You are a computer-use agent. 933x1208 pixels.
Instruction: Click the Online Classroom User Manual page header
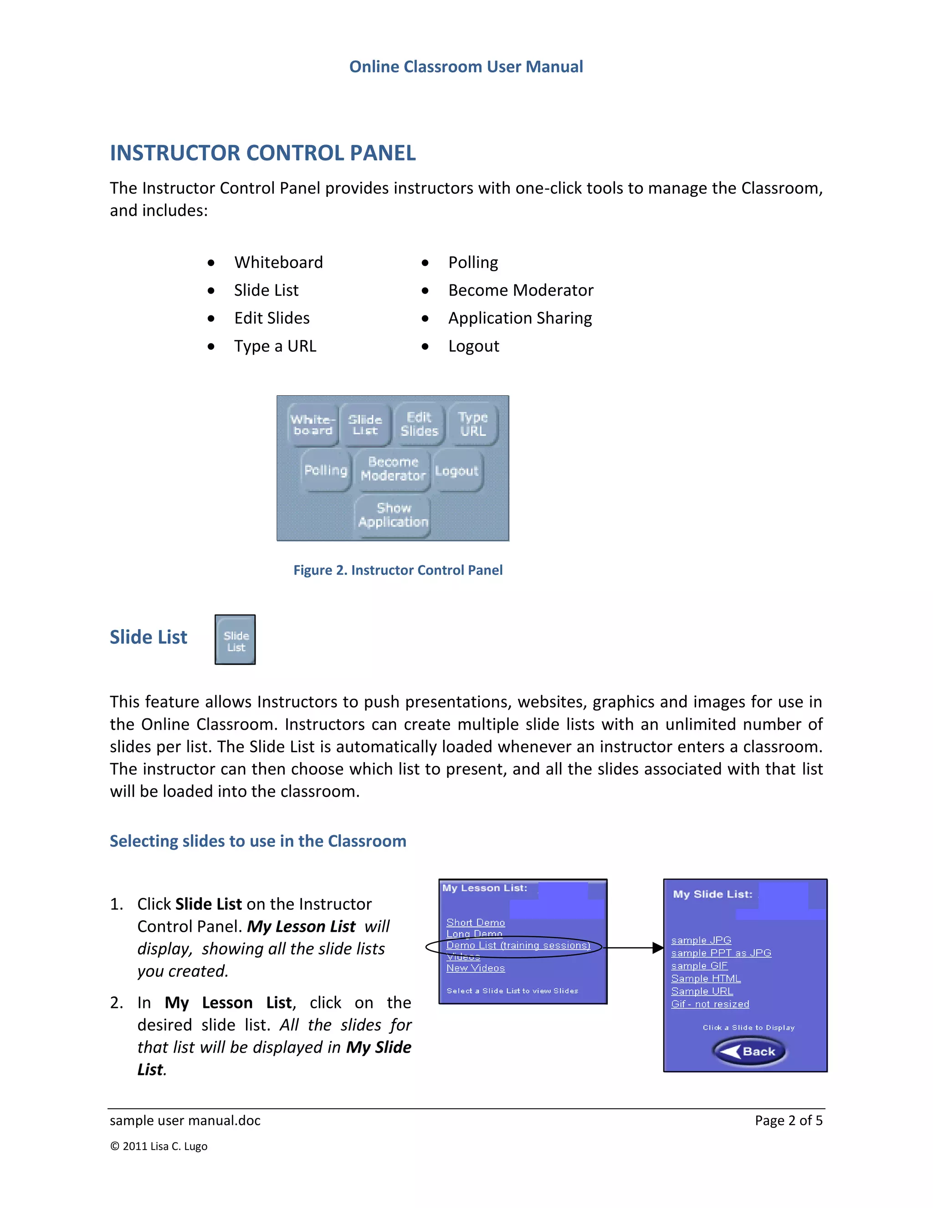(x=466, y=67)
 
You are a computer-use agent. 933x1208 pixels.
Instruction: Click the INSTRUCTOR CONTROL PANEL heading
(x=262, y=153)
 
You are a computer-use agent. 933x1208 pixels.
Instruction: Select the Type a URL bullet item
(x=275, y=346)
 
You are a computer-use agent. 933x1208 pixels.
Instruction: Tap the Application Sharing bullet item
(x=519, y=318)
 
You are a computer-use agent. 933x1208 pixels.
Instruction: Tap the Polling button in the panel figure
(x=326, y=470)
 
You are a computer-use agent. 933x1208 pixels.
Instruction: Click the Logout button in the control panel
(x=456, y=471)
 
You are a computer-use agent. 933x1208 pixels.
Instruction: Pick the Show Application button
(x=393, y=516)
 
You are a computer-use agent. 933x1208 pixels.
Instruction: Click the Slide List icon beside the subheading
(x=236, y=640)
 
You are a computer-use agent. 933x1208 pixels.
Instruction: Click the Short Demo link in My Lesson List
(x=475, y=923)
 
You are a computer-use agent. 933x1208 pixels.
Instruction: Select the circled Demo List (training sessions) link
(x=518, y=945)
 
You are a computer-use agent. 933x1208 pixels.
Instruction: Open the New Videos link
(x=475, y=968)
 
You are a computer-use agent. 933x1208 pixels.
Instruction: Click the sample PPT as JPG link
(x=721, y=953)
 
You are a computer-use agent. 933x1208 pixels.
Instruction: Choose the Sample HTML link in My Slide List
(x=706, y=978)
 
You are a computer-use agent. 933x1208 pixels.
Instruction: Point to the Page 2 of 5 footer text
(x=788, y=1120)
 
